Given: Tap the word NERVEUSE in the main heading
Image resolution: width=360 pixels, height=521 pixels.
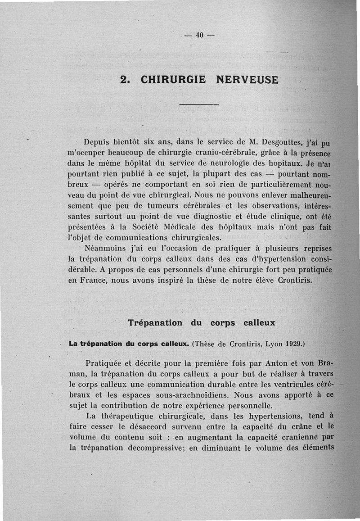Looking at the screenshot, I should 247,80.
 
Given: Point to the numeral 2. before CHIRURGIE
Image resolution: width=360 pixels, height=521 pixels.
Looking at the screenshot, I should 126,80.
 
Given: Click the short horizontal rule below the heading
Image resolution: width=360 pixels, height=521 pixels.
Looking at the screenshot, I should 198,105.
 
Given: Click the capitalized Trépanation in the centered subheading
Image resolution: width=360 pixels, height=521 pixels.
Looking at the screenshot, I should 155,322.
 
